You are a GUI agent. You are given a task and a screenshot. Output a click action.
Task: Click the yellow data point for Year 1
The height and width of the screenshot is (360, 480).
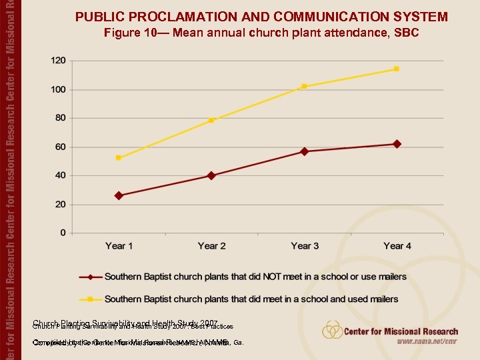[x=119, y=158]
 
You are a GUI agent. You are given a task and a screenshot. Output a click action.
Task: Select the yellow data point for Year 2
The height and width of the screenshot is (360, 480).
[x=211, y=121]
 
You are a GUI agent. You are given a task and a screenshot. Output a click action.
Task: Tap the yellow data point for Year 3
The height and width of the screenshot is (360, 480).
[x=304, y=86]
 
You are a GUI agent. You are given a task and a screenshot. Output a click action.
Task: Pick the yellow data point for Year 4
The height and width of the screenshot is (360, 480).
[x=397, y=69]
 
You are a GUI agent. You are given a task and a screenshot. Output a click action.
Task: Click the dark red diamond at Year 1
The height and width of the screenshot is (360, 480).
[x=119, y=195]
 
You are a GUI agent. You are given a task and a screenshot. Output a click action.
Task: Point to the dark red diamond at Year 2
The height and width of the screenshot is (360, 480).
[x=211, y=175]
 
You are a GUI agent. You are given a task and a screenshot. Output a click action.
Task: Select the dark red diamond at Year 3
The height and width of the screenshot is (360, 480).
[x=304, y=151]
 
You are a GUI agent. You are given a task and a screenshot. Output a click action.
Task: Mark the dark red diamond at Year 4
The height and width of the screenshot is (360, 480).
[x=397, y=144]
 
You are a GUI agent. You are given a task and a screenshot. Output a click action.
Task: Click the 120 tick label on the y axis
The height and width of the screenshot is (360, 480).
[x=59, y=61]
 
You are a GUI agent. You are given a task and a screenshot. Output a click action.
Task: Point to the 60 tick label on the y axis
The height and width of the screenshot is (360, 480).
[x=61, y=147]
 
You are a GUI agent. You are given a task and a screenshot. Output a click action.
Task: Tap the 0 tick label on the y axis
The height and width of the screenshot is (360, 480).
[x=63, y=233]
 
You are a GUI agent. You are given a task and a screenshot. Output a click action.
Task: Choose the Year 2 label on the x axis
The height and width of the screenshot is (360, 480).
[x=211, y=246]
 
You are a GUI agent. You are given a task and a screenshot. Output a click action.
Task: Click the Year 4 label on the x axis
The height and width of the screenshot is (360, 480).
[x=397, y=246]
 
